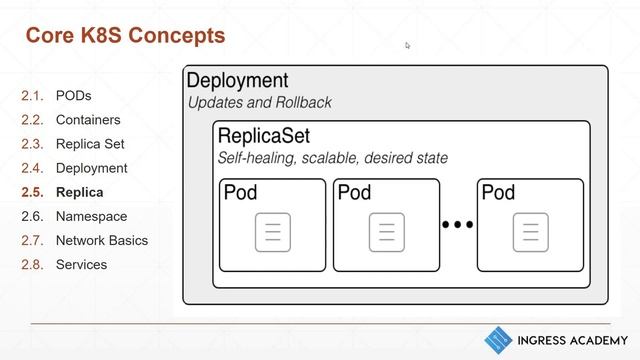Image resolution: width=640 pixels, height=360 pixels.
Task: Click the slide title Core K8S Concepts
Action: (125, 37)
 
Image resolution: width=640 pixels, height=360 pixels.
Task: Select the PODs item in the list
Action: (73, 96)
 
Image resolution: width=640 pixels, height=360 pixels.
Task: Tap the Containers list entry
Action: (88, 120)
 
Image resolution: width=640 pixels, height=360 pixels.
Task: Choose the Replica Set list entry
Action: (90, 144)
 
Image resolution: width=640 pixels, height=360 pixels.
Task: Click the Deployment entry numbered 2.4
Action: (91, 168)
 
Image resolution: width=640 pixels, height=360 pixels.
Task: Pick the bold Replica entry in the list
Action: (79, 192)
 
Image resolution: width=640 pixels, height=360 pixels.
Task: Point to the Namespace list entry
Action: (91, 216)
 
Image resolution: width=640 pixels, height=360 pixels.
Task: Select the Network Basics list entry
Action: (101, 240)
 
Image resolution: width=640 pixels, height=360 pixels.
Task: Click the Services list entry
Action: (81, 264)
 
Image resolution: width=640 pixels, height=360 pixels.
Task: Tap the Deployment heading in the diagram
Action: (238, 81)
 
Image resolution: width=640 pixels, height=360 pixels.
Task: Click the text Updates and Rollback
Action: (260, 103)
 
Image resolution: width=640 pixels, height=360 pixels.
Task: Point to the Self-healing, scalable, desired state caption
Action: (333, 158)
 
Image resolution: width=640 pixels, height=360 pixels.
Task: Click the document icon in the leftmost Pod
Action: (272, 232)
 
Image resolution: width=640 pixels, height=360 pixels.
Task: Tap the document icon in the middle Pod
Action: (386, 232)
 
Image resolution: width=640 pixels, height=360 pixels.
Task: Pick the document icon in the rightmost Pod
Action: (530, 232)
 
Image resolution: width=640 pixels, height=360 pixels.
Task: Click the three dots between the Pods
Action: (458, 226)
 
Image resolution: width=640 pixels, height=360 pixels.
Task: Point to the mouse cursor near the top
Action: (408, 45)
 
